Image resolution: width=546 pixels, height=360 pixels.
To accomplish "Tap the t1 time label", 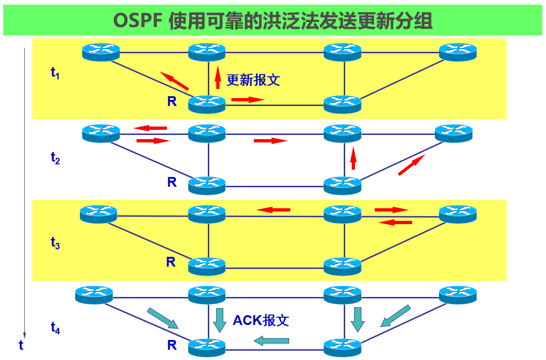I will [x=55, y=73].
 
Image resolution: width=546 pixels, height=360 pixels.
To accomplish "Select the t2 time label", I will [x=55, y=158].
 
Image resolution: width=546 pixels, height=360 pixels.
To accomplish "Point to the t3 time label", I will [x=55, y=242].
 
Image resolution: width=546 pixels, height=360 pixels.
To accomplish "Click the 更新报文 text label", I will [x=253, y=80].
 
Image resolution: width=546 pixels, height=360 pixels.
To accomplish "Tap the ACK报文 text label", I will [x=261, y=320].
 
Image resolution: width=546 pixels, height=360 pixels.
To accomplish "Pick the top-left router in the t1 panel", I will [x=101, y=51].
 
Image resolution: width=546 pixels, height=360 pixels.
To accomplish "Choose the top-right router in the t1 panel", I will [x=458, y=51].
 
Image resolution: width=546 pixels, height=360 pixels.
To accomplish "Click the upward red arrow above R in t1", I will [x=218, y=78].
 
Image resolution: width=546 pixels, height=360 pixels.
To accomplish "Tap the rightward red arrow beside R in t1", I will [x=248, y=99].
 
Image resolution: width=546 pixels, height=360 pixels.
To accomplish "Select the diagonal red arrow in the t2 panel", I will [x=411, y=165].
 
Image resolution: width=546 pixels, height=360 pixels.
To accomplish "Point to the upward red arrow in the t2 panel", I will [x=354, y=158].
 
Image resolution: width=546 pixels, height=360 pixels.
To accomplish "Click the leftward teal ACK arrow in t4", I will [x=271, y=341].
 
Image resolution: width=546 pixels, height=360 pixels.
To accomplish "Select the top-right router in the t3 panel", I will [x=458, y=213].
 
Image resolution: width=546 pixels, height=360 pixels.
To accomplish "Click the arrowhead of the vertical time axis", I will [x=24, y=335].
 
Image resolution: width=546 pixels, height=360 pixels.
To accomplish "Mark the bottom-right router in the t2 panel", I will [x=342, y=185].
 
